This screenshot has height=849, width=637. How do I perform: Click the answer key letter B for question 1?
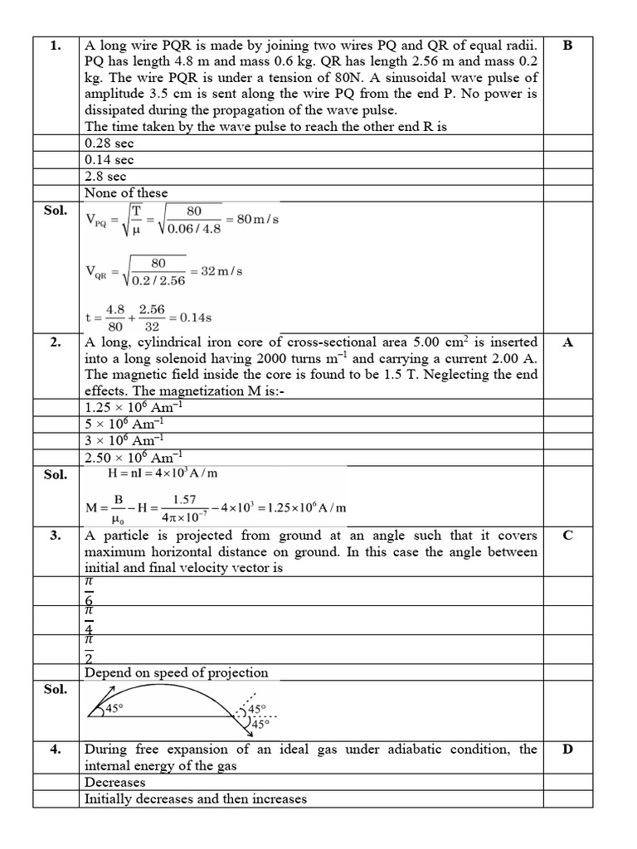point(567,46)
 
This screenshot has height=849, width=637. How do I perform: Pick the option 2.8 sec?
point(105,176)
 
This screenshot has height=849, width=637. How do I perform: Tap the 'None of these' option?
point(126,192)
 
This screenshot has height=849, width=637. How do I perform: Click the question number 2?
point(56,342)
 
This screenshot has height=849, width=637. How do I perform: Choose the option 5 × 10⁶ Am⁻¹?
point(124,424)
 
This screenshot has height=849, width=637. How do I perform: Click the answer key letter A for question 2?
point(567,342)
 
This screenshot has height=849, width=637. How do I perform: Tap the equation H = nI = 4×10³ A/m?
point(163,473)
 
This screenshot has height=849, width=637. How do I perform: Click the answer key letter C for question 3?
point(567,535)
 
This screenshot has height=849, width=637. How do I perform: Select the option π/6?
point(90,592)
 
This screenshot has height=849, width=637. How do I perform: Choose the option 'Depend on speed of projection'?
point(176,672)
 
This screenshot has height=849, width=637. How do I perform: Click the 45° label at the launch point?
point(113,709)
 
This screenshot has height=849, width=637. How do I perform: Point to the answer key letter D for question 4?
point(567,750)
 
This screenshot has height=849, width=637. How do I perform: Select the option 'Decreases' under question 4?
point(114,782)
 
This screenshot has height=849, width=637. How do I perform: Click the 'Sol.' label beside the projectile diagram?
point(56,689)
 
